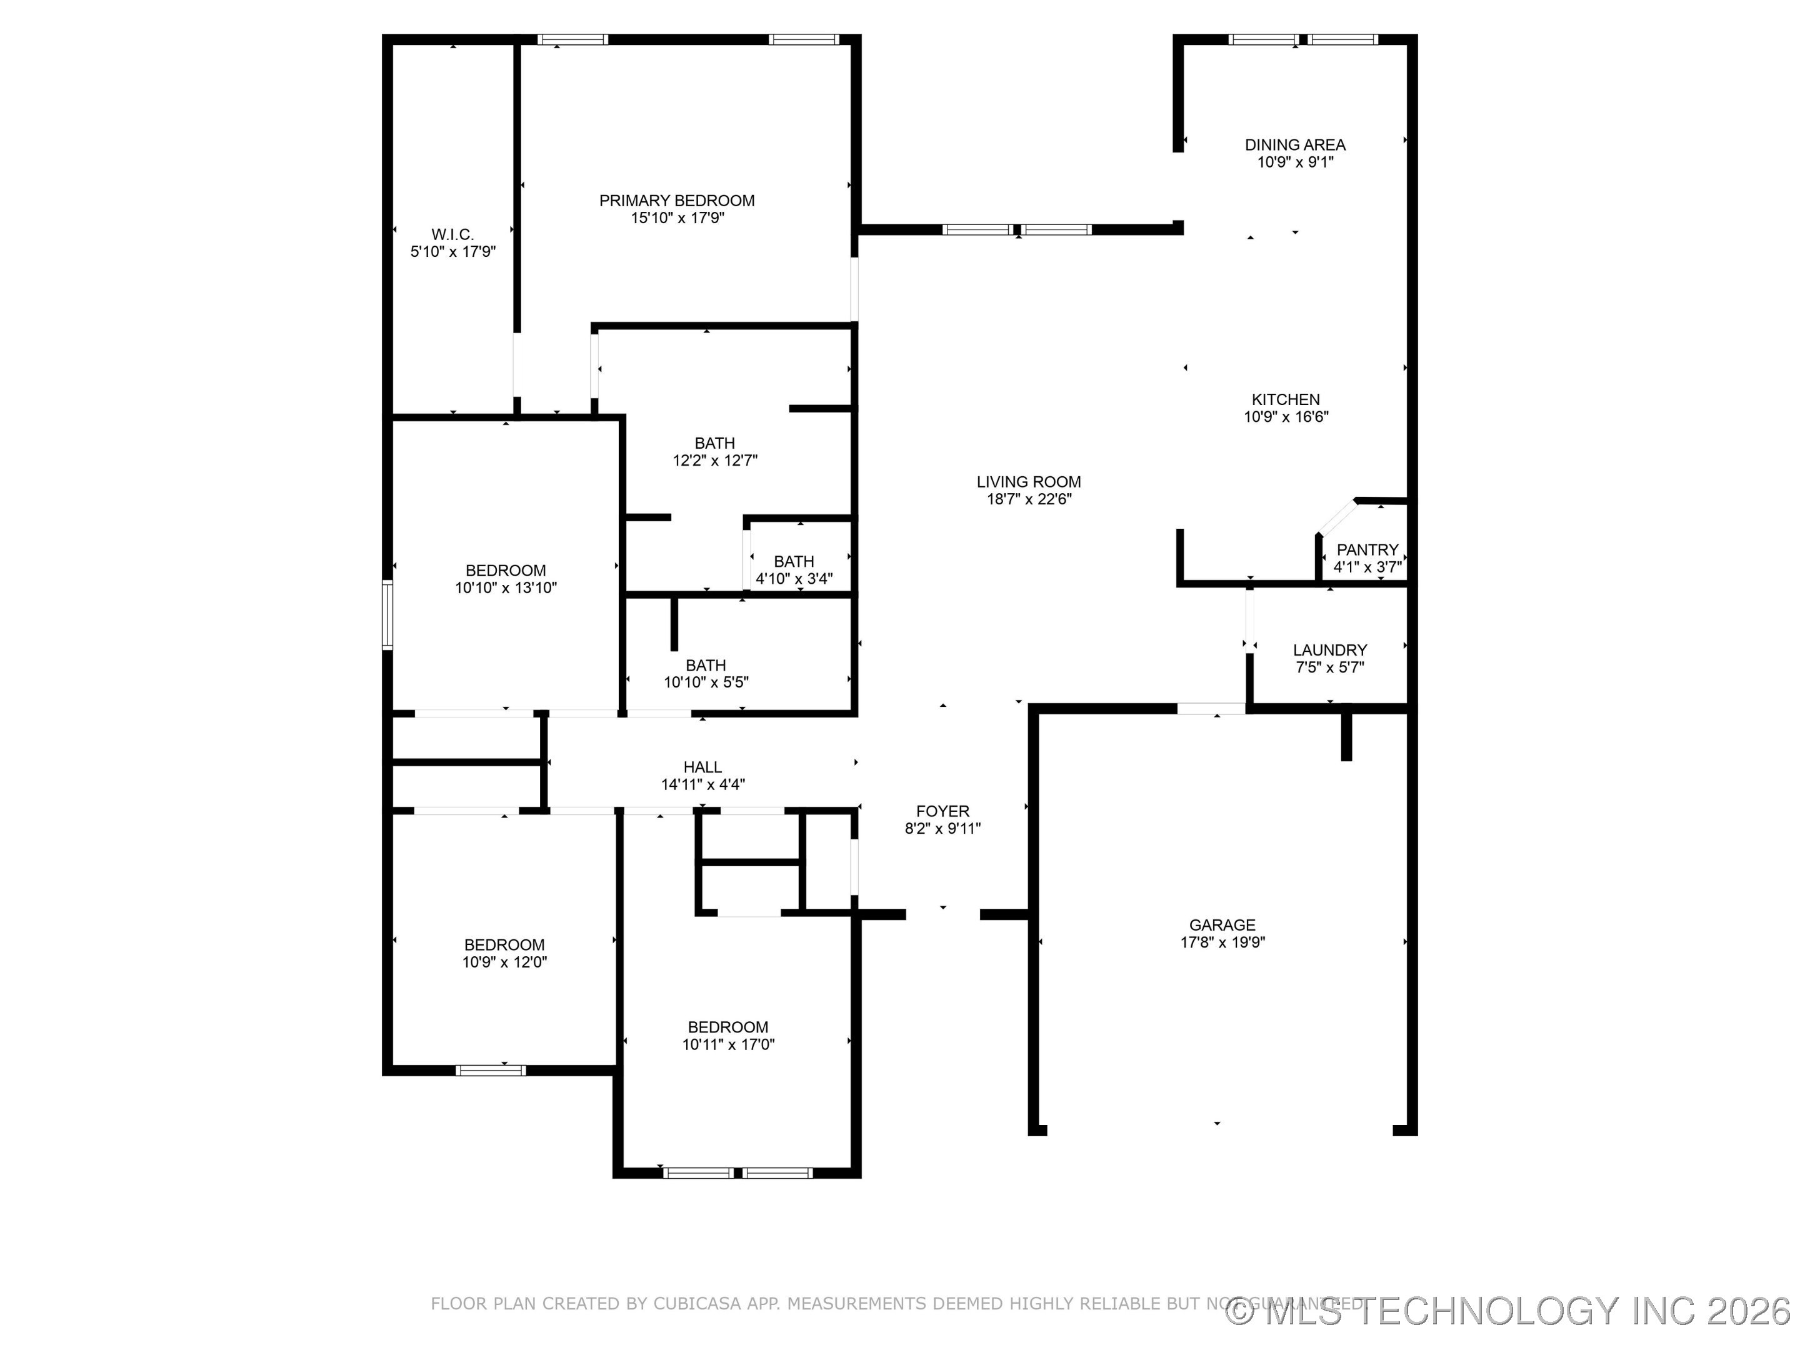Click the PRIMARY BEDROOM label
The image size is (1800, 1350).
(676, 200)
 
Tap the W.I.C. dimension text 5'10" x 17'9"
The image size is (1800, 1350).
(452, 251)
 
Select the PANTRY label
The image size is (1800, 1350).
(1367, 549)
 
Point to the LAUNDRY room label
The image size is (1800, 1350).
(1329, 649)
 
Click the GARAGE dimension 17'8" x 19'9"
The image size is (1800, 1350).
(1222, 942)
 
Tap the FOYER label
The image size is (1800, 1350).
(942, 811)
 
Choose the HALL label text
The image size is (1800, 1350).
(702, 766)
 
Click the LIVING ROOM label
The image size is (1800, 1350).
(1029, 482)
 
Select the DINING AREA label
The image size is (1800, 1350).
(1294, 145)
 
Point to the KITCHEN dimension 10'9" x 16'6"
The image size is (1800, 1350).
(1286, 417)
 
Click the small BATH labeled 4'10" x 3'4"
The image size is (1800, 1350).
(793, 561)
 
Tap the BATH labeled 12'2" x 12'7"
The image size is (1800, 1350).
(714, 444)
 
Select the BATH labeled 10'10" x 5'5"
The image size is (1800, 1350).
(706, 665)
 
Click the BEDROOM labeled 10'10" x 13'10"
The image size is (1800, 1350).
(506, 571)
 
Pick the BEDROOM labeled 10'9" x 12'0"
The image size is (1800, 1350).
(504, 945)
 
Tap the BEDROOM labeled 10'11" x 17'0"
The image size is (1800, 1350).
(727, 1027)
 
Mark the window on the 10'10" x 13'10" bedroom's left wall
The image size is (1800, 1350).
(387, 614)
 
